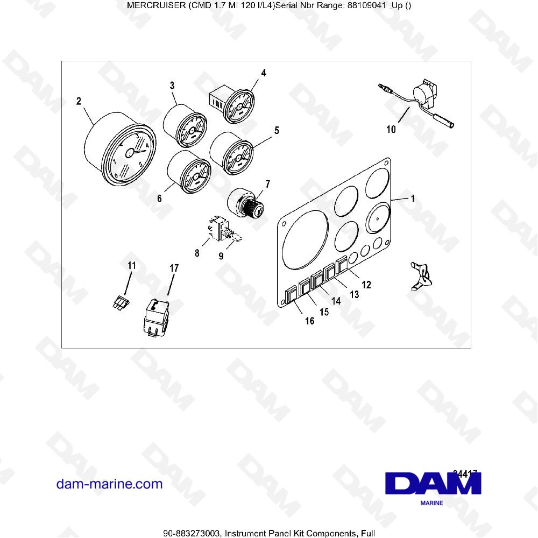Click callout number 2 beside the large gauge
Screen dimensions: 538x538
pyautogui.click(x=79, y=101)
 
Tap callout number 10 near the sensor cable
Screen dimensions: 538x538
pyautogui.click(x=391, y=129)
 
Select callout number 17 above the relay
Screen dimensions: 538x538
pyautogui.click(x=174, y=267)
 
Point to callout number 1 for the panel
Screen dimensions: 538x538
pyautogui.click(x=413, y=198)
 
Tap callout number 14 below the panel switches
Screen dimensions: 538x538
pyautogui.click(x=336, y=301)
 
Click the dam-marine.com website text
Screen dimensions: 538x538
pyautogui.click(x=109, y=484)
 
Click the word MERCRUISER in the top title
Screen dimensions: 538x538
pyautogui.click(x=154, y=6)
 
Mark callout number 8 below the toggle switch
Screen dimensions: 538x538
pyautogui.click(x=197, y=252)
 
